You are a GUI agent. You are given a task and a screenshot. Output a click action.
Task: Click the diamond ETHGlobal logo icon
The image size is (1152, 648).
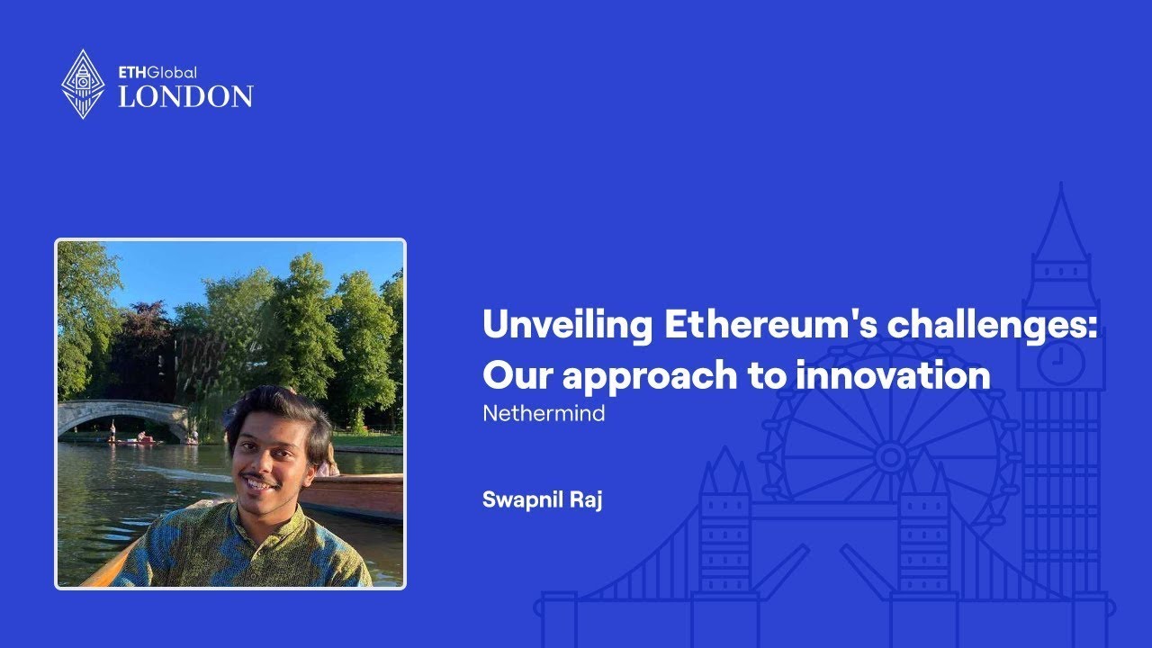pos(83,84)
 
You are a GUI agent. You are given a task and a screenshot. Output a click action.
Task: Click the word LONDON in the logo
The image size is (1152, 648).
pos(185,96)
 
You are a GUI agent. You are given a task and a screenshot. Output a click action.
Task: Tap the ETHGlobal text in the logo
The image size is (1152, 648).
pos(157,72)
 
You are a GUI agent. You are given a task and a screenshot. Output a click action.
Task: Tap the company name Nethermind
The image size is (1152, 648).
pos(544,414)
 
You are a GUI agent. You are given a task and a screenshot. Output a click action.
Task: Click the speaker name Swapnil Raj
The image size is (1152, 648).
pos(542,499)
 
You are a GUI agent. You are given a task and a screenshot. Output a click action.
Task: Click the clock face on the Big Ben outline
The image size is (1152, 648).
pos(1061,363)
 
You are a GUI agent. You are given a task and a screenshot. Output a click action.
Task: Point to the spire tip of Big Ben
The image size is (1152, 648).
pos(1061,187)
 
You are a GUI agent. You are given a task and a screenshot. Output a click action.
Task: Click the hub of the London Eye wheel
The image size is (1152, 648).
pos(890,457)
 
